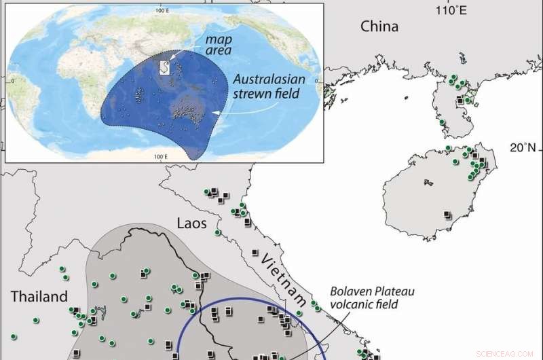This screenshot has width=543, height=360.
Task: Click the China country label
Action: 379,26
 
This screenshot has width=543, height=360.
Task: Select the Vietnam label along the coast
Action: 284,278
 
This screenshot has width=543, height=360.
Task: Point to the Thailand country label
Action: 39,296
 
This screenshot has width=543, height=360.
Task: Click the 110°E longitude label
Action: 451,10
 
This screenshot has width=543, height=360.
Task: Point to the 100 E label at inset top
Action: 162,10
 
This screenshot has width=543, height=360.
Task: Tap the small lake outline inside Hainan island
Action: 428,182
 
